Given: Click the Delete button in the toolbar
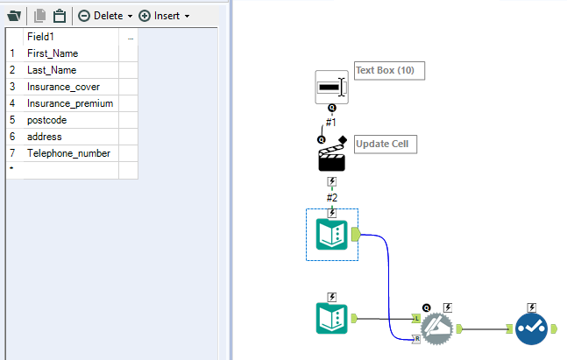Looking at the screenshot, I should click(x=104, y=16).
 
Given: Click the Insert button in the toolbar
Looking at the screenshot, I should click(x=165, y=16).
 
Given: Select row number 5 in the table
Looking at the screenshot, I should click(x=13, y=120).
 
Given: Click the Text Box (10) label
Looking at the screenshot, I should click(x=389, y=71).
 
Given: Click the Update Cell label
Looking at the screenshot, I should click(x=386, y=144).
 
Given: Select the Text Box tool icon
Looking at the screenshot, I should click(x=331, y=87).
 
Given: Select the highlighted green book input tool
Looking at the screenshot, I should click(x=331, y=234).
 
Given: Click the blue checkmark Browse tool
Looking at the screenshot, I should click(x=532, y=329).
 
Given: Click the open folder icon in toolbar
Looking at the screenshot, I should click(x=14, y=16).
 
